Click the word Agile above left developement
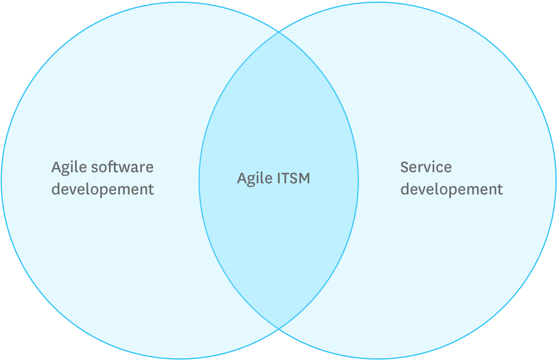69,167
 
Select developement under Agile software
103,189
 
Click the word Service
426,167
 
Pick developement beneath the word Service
451,189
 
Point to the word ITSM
293,178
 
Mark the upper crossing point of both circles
278,32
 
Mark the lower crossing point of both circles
278,328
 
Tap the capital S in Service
405,167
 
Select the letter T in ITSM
286,178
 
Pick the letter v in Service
431,168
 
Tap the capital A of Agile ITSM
242,178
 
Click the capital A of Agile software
57,167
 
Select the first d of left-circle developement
56,189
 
